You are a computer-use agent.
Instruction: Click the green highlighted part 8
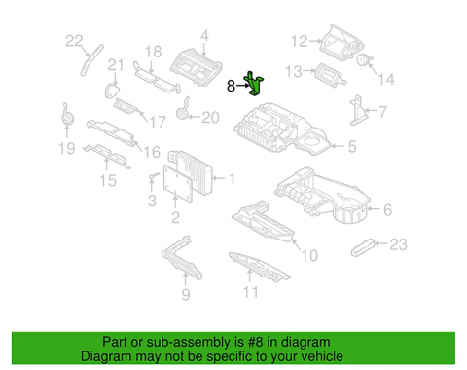click(x=254, y=84)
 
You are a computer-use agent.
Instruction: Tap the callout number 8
click(x=231, y=86)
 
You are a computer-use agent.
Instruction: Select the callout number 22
click(x=74, y=41)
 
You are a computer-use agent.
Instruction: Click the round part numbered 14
click(x=362, y=59)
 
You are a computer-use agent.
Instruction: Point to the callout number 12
click(x=299, y=41)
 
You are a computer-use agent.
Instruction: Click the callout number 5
click(x=352, y=146)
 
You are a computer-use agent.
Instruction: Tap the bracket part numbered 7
click(x=357, y=110)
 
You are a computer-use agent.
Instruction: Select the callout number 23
click(x=398, y=244)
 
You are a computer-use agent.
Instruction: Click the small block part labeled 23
click(x=363, y=247)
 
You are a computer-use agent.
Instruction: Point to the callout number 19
click(x=67, y=148)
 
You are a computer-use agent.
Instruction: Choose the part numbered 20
click(x=183, y=109)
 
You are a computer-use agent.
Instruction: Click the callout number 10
click(x=309, y=255)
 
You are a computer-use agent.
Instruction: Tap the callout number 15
click(x=108, y=180)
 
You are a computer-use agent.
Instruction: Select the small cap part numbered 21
click(x=111, y=91)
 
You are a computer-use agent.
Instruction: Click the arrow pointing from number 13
click(x=309, y=71)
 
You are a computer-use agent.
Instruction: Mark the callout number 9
click(x=186, y=294)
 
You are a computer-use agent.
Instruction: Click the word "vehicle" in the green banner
click(x=322, y=356)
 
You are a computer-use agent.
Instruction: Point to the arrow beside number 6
click(x=374, y=209)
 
